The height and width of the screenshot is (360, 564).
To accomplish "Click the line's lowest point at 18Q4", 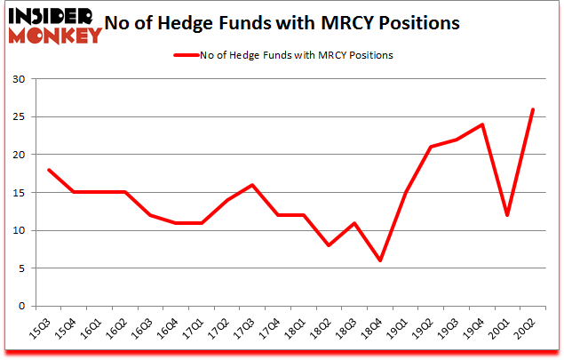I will click(x=380, y=260).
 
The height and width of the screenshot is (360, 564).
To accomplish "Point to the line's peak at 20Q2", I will click(x=532, y=109).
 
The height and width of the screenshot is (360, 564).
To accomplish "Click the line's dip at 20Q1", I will click(x=506, y=215).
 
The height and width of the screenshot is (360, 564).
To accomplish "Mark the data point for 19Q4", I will click(x=481, y=124).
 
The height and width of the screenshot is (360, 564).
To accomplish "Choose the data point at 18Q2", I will click(x=330, y=245).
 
